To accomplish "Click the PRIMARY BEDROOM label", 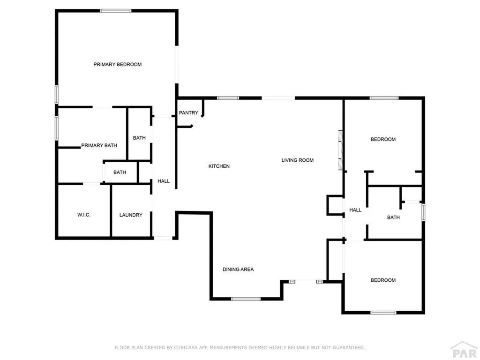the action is (118, 64).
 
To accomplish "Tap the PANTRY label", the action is (188, 112).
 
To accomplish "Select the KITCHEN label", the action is (219, 166).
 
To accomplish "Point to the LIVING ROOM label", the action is (298, 160).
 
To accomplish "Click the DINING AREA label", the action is (238, 270).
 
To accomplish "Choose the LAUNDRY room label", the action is (131, 215).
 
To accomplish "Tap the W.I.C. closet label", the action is (84, 215).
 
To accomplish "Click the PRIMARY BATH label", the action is (99, 145).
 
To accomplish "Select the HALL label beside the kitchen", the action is (164, 181).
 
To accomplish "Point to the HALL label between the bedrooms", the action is (355, 210).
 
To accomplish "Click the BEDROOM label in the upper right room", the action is (383, 139).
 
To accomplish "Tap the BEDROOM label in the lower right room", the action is (383, 280).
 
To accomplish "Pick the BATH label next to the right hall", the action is (393, 217).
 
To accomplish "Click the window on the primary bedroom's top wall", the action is (116, 11).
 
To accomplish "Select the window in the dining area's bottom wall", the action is (246, 299).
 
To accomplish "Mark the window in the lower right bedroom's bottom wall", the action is (383, 313).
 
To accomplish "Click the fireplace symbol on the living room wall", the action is (340, 150).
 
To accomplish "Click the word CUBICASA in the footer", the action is (186, 347).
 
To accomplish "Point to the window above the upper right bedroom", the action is (384, 98).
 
